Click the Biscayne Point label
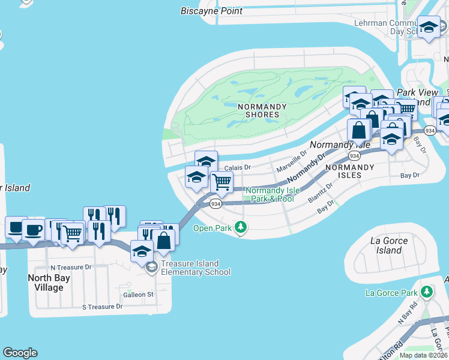click(x=212, y=11)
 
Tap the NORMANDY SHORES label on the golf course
click(x=258, y=110)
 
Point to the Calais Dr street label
click(x=237, y=168)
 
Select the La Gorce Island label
click(x=390, y=245)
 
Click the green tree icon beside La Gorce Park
click(x=427, y=292)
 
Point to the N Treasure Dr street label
click(x=71, y=267)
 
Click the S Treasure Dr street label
click(x=102, y=307)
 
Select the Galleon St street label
click(x=139, y=295)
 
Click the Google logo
click(x=20, y=353)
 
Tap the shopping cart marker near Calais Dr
click(x=221, y=182)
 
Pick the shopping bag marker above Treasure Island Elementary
click(x=163, y=241)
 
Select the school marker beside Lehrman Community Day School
click(x=429, y=28)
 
